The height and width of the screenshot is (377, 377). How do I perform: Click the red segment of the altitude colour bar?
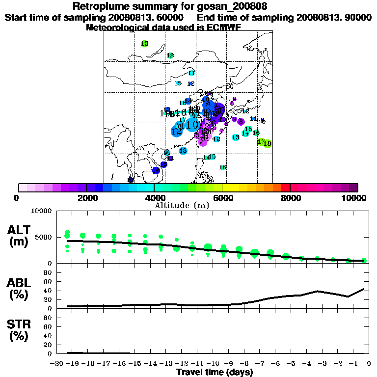click(285, 188)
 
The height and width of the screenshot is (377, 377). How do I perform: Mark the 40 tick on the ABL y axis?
click(48, 291)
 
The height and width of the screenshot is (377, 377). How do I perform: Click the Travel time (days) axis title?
click(215, 372)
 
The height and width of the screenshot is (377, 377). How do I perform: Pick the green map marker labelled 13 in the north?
click(144, 44)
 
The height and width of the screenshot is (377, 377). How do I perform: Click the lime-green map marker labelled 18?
click(268, 143)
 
